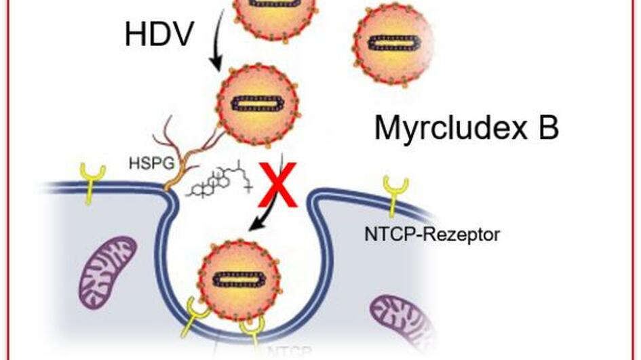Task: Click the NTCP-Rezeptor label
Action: [x=432, y=235]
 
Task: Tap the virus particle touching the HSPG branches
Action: [x=257, y=103]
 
